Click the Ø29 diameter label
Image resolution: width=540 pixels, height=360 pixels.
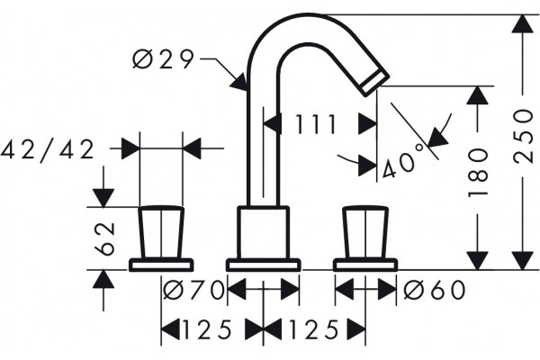point(163,59)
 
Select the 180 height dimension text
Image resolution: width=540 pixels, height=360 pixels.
point(478,174)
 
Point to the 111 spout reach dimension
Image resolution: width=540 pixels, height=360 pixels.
point(316,124)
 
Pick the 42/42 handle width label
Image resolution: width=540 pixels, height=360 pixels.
point(48,149)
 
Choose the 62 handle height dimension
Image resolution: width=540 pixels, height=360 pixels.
point(104,238)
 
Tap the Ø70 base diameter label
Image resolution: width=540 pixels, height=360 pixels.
point(193,290)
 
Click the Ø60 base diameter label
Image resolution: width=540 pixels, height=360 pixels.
point(435,290)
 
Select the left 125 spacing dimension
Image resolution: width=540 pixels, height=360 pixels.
point(206,329)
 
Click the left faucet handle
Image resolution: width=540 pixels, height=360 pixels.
point(161,232)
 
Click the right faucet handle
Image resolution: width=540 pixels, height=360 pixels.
point(365,232)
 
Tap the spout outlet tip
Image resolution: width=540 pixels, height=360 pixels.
point(374,81)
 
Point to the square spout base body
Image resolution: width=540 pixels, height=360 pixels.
point(263,232)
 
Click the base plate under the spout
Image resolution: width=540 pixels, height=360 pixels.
point(263,265)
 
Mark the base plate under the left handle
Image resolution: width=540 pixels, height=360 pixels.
point(161,265)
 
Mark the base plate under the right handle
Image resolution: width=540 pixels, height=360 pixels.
point(365,265)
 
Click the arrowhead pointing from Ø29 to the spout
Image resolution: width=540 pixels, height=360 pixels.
point(239,82)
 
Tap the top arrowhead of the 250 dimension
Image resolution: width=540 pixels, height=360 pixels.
point(522,24)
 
